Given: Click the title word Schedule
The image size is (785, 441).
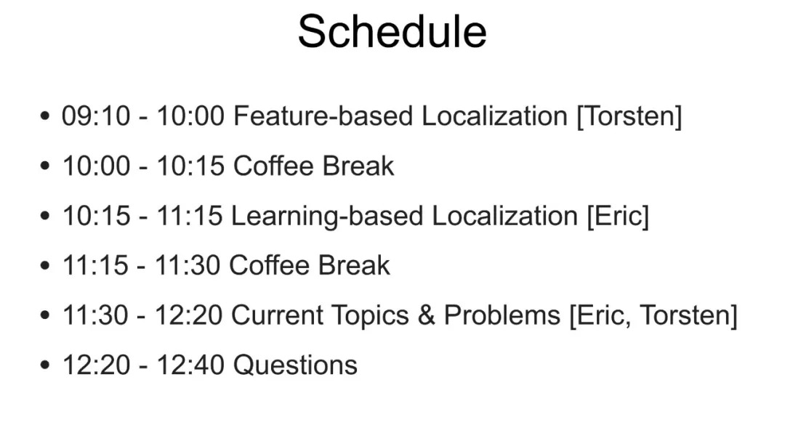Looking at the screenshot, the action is [x=392, y=31].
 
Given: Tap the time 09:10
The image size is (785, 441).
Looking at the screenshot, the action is [x=96, y=116].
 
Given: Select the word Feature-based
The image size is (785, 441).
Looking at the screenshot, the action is [x=323, y=116].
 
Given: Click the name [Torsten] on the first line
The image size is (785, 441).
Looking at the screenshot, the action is [x=629, y=116].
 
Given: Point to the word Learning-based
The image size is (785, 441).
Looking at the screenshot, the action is [x=327, y=217].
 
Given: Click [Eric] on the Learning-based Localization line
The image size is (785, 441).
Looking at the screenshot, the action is [x=618, y=217].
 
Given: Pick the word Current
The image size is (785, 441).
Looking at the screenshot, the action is [x=277, y=315].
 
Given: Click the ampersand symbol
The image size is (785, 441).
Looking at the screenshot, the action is [x=426, y=315].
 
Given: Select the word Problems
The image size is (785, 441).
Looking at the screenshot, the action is [x=502, y=315].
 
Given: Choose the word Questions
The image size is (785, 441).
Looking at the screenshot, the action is [x=295, y=365].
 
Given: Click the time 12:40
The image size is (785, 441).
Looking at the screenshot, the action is [x=190, y=365].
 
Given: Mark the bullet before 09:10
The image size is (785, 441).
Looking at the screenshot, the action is [x=44, y=116].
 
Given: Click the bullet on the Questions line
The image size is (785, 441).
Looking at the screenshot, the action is [x=44, y=365].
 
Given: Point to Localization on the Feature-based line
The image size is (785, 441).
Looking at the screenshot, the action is [x=495, y=116].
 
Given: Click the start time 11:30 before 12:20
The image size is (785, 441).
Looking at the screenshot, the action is [x=95, y=315].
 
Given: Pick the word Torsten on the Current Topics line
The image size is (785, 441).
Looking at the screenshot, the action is [x=685, y=315].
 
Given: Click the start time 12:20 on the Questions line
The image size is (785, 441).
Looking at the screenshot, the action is [x=96, y=365].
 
